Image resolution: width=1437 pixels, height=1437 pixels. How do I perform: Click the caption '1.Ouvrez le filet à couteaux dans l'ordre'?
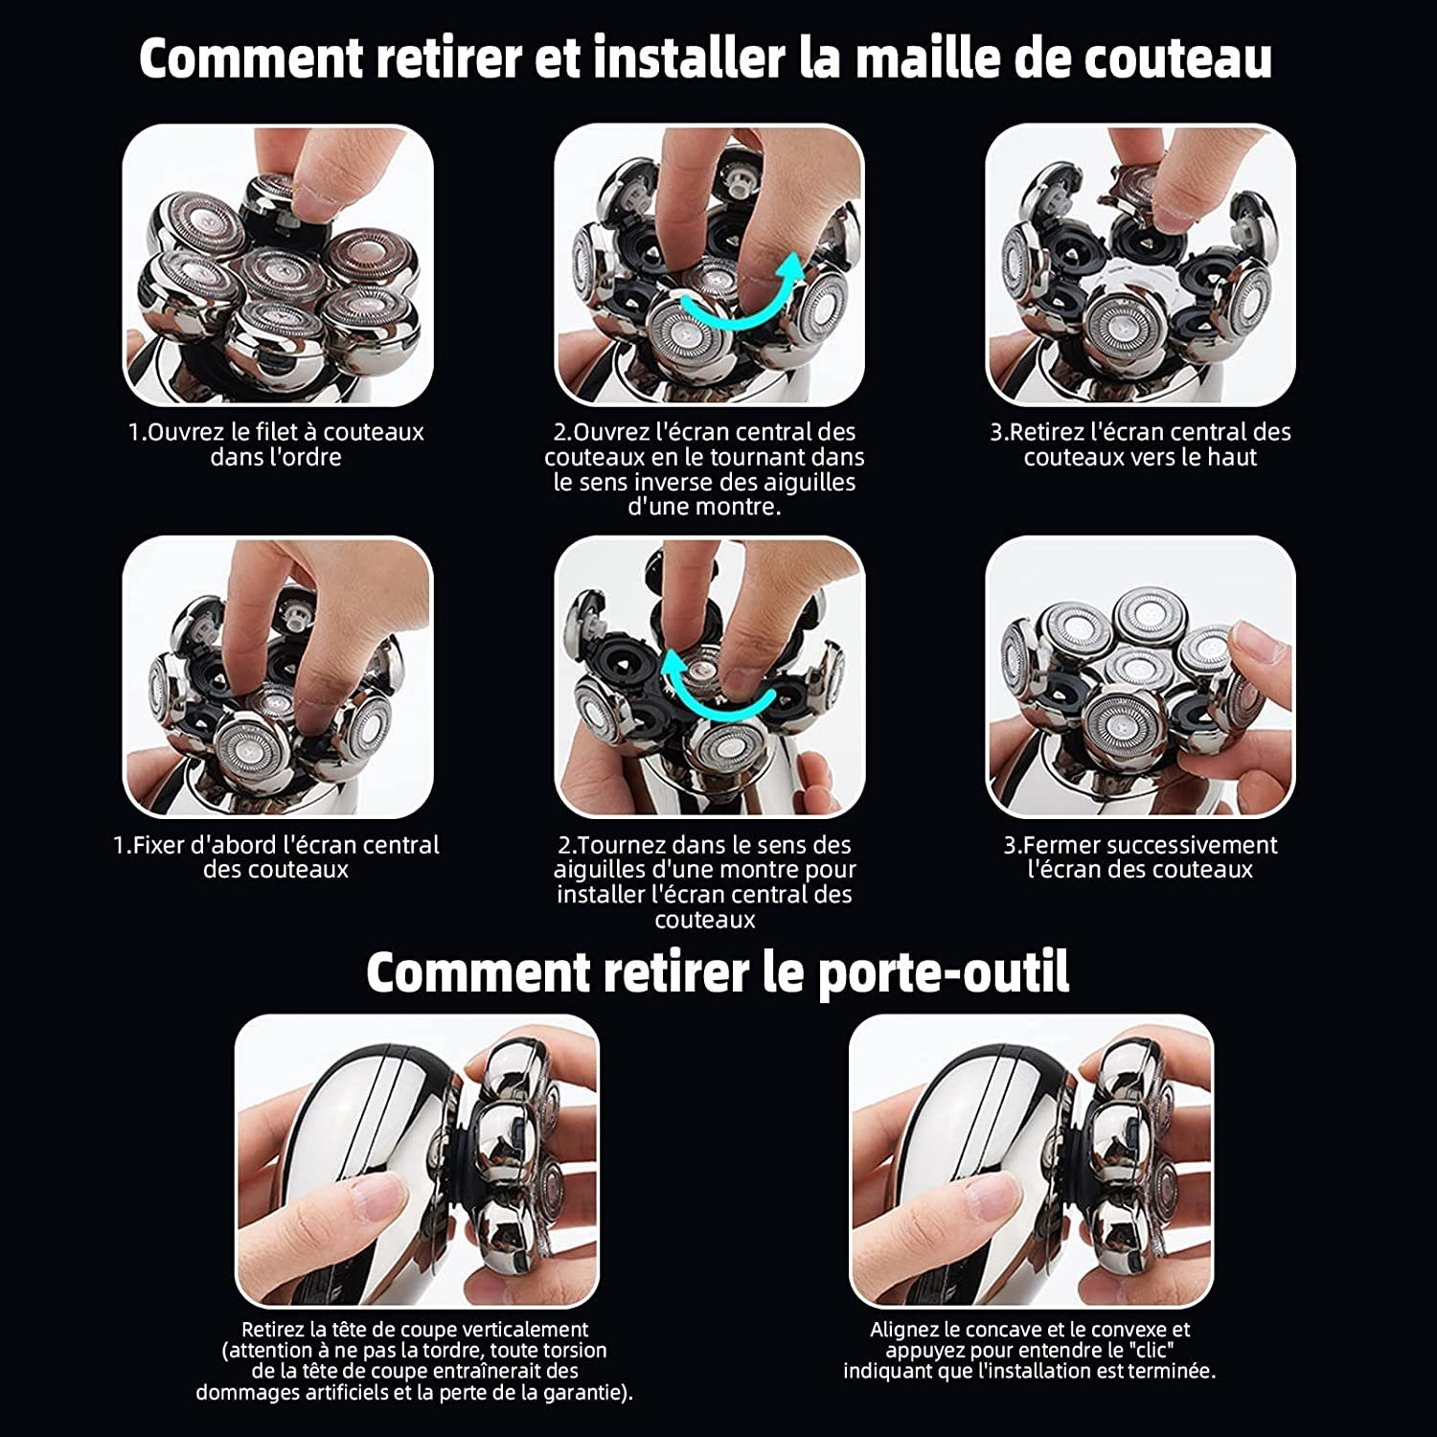[x=276, y=445]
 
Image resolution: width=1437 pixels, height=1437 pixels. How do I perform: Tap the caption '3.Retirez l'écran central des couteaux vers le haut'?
[x=1140, y=445]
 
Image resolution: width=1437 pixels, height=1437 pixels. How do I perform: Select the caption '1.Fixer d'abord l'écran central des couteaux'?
[x=276, y=857]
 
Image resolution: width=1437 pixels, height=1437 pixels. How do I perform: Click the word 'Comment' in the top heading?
[x=250, y=58]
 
